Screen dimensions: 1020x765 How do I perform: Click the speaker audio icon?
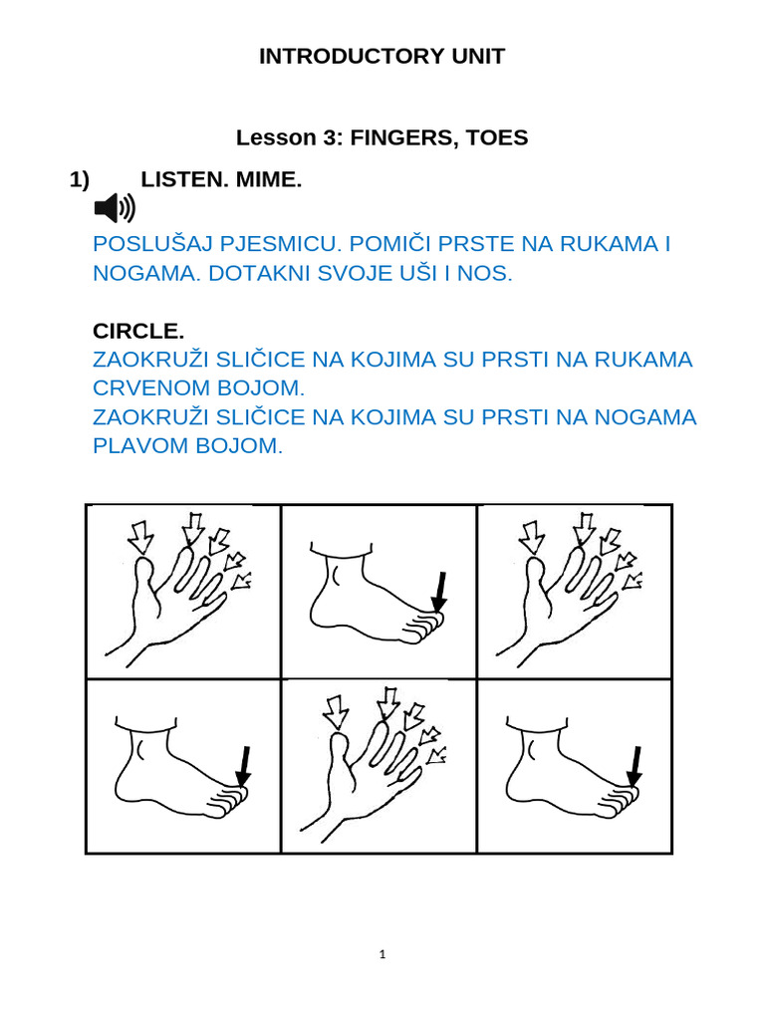pos(114,209)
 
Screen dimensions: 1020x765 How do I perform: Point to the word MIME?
pos(268,180)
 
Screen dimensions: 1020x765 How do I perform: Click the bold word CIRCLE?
pos(138,331)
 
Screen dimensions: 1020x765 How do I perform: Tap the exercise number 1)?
pos(81,180)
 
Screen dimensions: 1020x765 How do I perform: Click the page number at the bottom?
pos(382,954)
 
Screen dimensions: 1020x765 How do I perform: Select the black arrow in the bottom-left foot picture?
pos(243,765)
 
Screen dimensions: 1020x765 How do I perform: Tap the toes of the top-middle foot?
pos(427,624)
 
